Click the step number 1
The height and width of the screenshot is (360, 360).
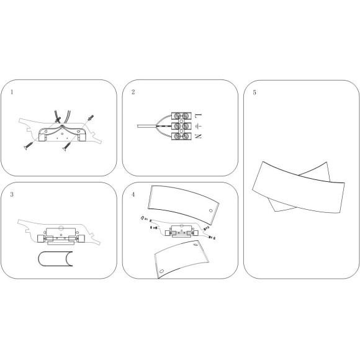point(12,92)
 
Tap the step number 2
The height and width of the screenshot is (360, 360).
point(133,92)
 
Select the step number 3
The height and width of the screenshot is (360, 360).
point(12,194)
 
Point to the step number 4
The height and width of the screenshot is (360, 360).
point(133,194)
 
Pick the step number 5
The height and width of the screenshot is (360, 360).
point(254,92)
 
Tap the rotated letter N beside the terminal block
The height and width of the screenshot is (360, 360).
point(198,136)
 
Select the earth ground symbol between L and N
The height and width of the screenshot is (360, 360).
point(198,125)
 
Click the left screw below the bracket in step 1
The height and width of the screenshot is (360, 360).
point(29,146)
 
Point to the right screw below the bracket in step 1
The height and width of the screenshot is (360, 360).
point(67,146)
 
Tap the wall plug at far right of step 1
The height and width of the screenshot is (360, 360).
point(90,118)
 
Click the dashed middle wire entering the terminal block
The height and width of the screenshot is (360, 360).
point(164,126)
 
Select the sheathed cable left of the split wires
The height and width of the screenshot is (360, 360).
point(146,126)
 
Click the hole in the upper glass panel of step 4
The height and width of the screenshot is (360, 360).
point(211,210)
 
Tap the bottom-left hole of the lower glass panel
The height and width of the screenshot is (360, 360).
point(161,271)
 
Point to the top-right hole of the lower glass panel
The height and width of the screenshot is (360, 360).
point(196,245)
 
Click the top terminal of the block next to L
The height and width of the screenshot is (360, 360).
point(181,115)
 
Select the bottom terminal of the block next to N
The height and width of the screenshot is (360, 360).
point(181,136)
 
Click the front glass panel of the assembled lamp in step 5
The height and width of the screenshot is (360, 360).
point(299,187)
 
